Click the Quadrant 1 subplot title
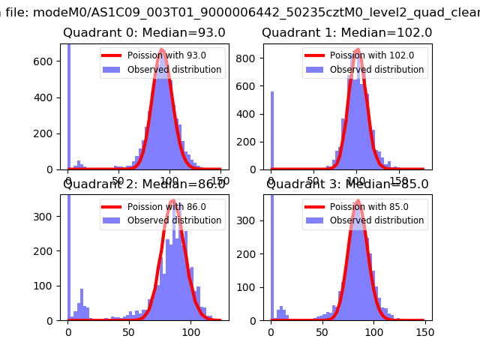click(346, 33)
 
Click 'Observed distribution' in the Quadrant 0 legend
click(174, 70)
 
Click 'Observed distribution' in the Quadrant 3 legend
click(376, 220)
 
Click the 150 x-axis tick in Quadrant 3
click(424, 331)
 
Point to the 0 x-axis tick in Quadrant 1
click(271, 181)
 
